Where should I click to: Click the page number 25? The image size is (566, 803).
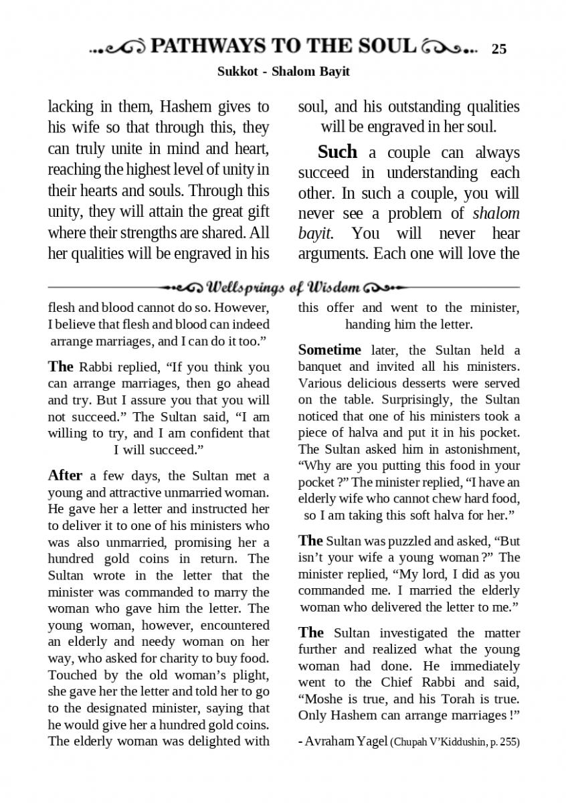pos(499,49)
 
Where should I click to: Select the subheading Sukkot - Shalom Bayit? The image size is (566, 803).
pos(283,72)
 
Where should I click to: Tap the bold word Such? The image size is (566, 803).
pos(337,152)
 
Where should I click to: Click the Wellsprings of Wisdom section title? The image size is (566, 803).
pos(284,288)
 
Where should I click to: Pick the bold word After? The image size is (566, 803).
pos(65,476)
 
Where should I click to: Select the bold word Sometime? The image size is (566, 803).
pos(329,350)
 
